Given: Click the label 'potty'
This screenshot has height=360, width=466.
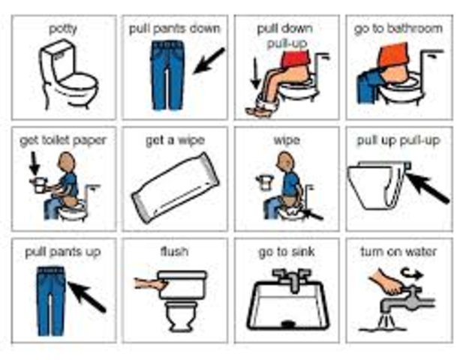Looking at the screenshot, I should coord(62,28).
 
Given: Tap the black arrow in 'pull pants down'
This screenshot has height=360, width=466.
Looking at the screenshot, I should coord(208,61).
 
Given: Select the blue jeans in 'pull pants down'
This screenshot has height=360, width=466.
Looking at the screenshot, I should coord(167,75).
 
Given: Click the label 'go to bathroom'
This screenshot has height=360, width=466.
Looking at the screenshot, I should coord(398,28).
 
